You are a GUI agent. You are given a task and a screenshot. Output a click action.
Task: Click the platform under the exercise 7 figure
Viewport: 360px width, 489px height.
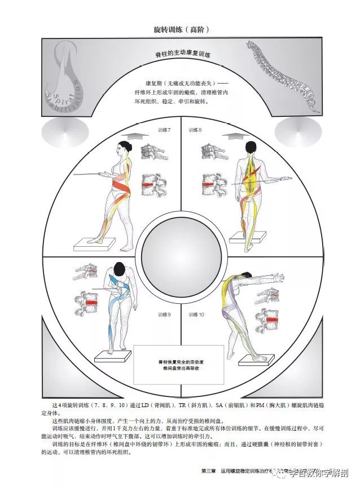click(98, 242)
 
